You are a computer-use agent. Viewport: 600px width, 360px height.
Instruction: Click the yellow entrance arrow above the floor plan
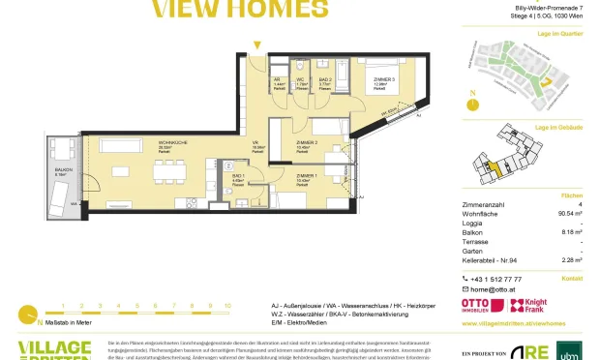pos(256,45)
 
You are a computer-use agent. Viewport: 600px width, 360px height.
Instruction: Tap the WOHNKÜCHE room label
pos(145,144)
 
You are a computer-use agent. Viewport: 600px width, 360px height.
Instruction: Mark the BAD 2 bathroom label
pos(325,81)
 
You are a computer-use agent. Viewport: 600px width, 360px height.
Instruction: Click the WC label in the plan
pos(301,81)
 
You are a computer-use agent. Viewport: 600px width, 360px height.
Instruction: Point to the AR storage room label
pos(277,81)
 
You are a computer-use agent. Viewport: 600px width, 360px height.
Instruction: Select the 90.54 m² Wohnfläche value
pos(564,227)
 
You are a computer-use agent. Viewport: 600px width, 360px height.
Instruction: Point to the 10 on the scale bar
pos(226,305)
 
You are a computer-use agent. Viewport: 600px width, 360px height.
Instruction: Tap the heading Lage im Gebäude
pos(559,127)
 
